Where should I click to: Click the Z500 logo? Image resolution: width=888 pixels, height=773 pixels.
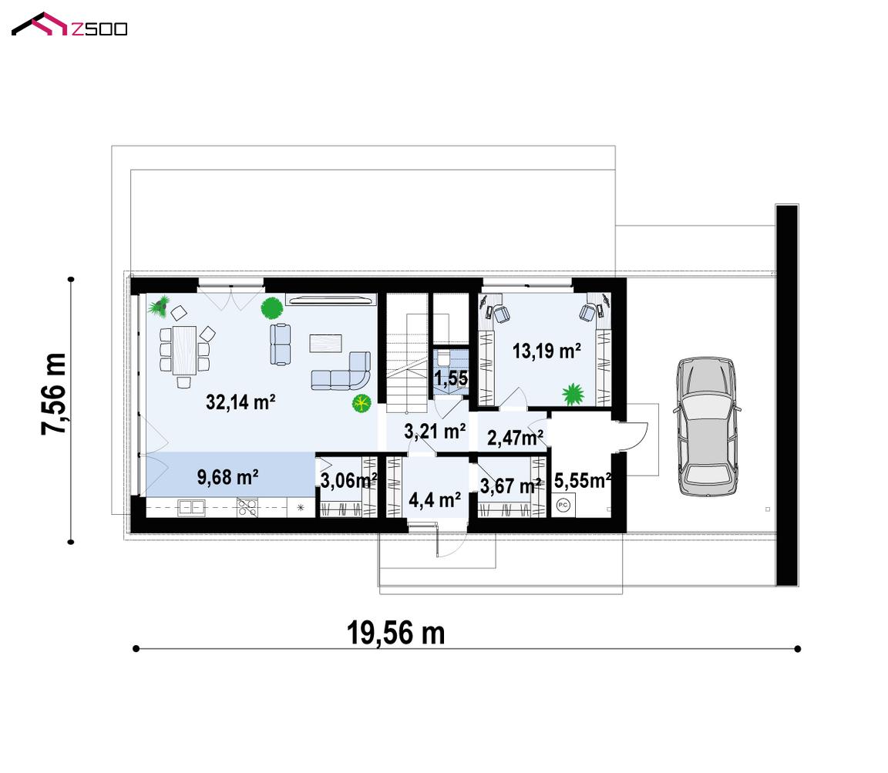[69, 25]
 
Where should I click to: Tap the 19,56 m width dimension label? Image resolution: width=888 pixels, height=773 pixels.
[395, 633]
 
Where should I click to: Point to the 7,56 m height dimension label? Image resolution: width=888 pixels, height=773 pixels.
[54, 394]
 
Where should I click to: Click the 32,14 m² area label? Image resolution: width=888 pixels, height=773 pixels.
[240, 402]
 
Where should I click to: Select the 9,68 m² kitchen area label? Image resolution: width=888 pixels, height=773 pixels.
[227, 477]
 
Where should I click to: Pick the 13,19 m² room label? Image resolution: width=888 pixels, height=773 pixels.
[547, 351]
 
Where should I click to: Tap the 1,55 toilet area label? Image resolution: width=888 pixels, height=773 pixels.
[451, 378]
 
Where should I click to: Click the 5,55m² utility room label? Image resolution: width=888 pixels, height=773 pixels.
[582, 481]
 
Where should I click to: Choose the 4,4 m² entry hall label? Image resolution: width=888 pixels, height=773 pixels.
[435, 500]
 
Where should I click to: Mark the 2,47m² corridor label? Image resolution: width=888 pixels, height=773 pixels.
[516, 437]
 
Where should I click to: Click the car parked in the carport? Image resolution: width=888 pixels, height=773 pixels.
[706, 426]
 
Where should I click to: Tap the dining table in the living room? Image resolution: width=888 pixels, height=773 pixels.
[184, 350]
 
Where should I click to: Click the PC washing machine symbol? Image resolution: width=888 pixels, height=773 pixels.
[563, 505]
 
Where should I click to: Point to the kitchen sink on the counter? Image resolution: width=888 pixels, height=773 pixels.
[191, 507]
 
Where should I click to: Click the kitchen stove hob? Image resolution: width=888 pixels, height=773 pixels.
[247, 507]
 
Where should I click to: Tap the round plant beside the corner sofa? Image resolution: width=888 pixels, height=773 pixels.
[361, 404]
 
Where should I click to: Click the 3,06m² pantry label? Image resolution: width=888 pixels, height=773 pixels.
[348, 481]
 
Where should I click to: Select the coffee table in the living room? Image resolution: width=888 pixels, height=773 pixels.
[325, 343]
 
